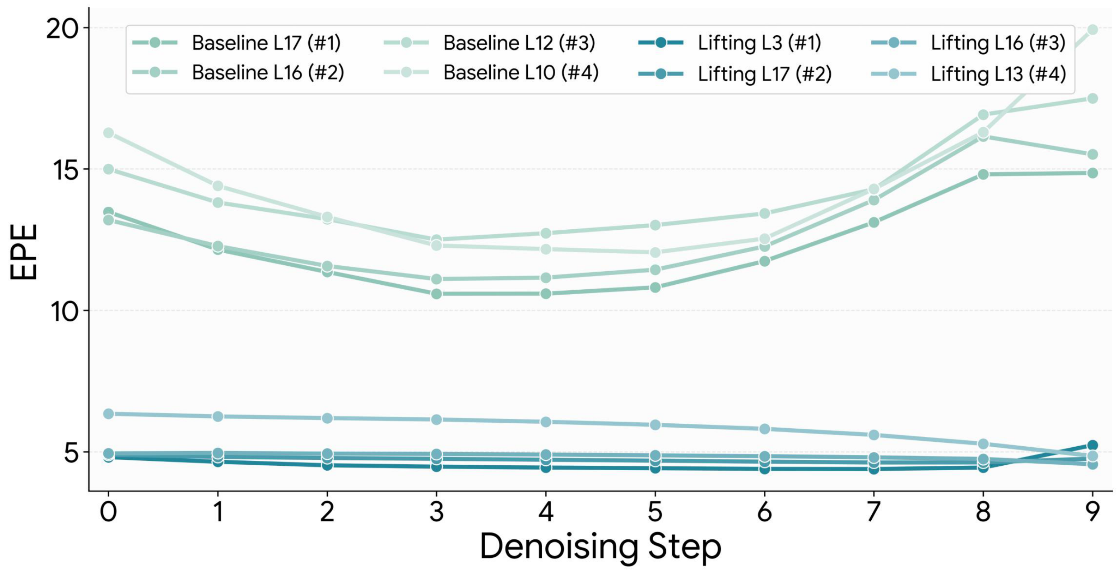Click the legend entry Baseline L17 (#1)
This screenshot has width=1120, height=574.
coord(266,43)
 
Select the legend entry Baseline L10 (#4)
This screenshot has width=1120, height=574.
coord(520,73)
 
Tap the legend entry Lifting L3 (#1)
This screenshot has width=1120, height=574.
coord(759,43)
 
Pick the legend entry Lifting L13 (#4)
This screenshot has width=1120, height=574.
coord(998,74)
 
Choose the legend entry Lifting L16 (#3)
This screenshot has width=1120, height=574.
coord(998,43)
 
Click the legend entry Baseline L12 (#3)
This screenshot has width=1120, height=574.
coord(519,43)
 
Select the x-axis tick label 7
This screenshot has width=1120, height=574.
coord(874,512)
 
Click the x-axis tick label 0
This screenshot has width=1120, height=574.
coord(108,512)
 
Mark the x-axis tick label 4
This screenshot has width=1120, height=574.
coord(546,512)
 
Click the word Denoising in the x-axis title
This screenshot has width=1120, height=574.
coord(558,547)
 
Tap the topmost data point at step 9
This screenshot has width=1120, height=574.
coord(1092,30)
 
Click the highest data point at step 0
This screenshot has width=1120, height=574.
coord(108,133)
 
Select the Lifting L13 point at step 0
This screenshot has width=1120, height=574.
coord(108,414)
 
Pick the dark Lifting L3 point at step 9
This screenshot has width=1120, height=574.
coord(1092,445)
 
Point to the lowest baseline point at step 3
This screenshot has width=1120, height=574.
coord(437,294)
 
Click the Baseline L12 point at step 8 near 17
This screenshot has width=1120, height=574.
coord(983,115)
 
